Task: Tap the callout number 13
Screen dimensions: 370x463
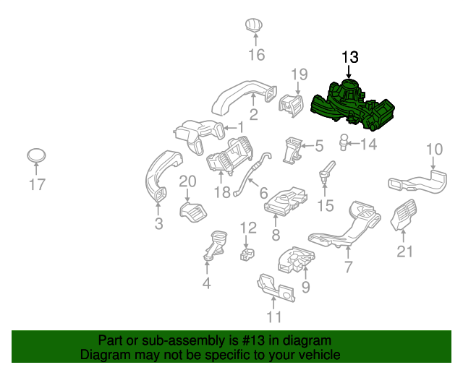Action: tap(349, 57)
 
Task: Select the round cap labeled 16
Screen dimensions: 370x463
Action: tap(254, 25)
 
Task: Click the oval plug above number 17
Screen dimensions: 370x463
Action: tap(37, 156)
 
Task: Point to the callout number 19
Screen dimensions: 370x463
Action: tap(300, 74)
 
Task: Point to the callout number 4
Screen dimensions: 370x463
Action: tap(206, 283)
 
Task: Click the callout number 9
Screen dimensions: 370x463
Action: tap(305, 288)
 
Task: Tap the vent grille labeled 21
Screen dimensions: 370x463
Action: tap(404, 218)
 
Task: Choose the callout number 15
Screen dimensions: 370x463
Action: tap(326, 206)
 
